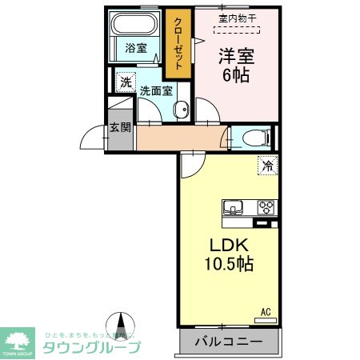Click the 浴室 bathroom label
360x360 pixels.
(x=135, y=48)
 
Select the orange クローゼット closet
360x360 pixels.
(x=178, y=43)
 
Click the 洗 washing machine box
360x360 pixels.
(x=126, y=82)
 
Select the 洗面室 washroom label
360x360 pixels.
(x=155, y=90)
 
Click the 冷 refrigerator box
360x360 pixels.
(x=267, y=166)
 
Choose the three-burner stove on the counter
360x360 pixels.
(x=266, y=207)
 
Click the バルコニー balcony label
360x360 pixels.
(x=227, y=342)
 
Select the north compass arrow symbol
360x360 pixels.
(x=122, y=325)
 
